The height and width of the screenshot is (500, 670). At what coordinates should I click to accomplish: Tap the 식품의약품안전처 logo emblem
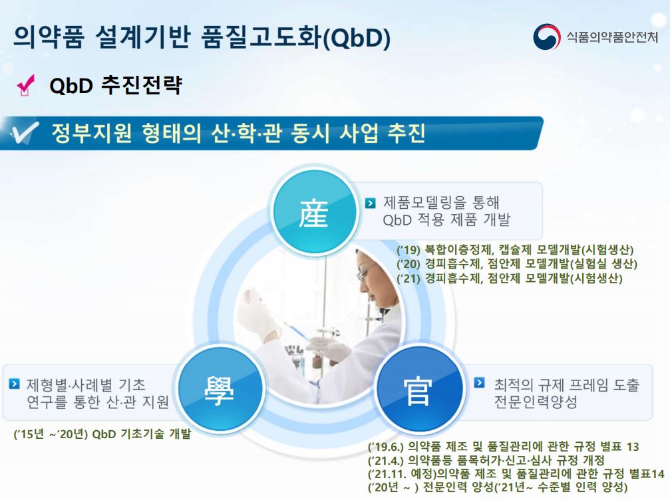[x=547, y=37]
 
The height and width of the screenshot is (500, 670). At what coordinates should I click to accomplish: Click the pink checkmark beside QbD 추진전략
[x=27, y=86]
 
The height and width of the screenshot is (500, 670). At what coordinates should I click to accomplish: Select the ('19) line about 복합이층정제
[x=515, y=250]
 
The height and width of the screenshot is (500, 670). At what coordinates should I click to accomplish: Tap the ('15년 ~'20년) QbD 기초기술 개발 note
[x=102, y=434]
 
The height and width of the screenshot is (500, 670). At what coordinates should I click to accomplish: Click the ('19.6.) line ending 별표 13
[x=503, y=447]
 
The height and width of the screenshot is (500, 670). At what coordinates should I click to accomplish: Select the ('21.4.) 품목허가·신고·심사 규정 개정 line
[x=486, y=460]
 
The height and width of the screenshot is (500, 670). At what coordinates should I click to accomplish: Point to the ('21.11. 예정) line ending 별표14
[x=516, y=473]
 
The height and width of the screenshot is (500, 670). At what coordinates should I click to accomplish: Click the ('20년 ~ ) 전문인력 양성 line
[x=497, y=487]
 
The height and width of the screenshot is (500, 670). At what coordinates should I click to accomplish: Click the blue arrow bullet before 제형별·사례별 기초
[x=14, y=384]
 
